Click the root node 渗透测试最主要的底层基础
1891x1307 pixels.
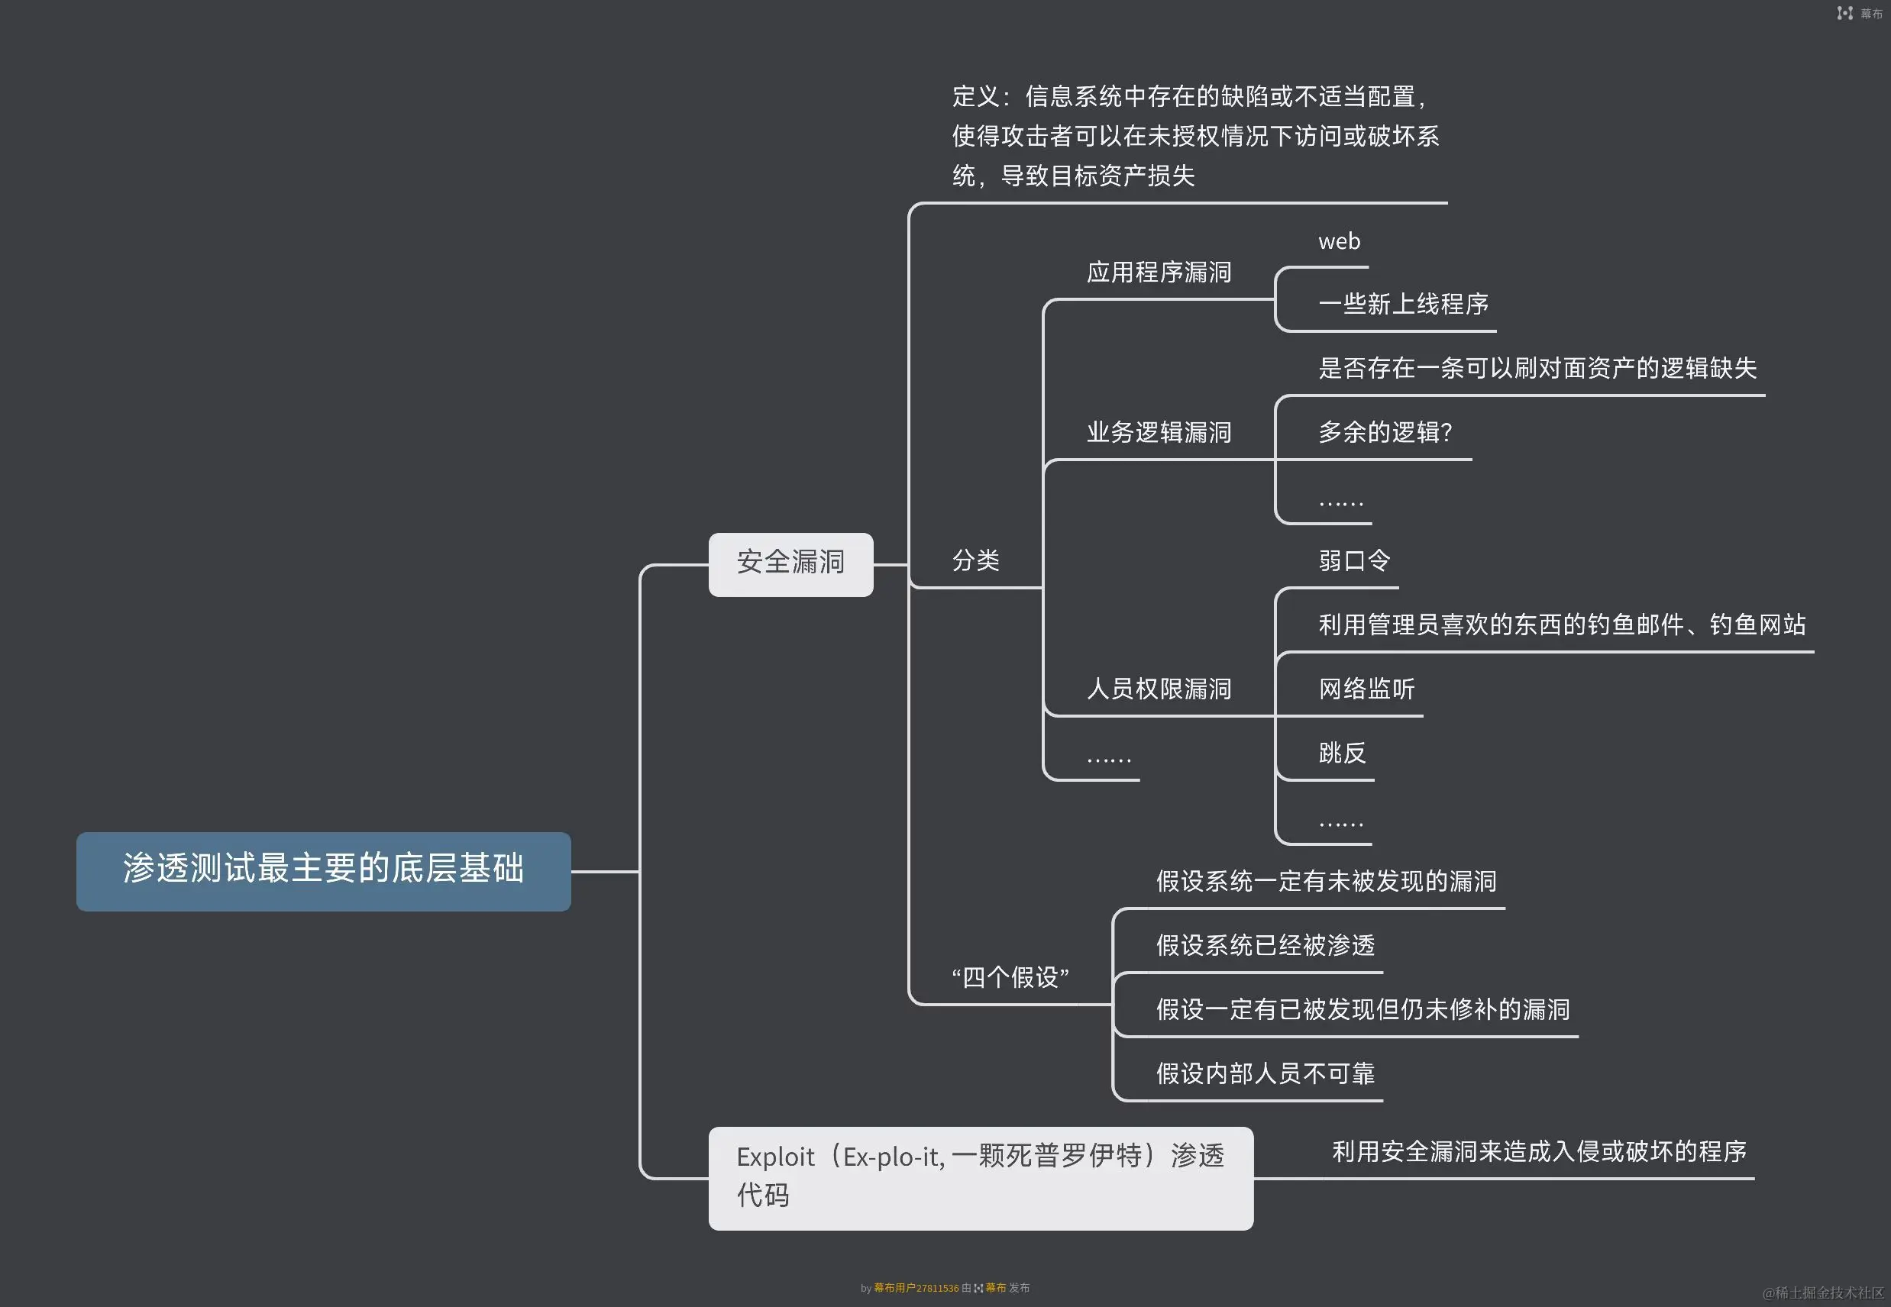[x=324, y=870]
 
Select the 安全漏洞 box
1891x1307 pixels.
[x=790, y=563]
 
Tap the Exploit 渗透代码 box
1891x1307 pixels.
[x=980, y=1176]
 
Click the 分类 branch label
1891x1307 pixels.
[x=975, y=561]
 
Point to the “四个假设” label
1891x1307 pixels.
[x=1010, y=977]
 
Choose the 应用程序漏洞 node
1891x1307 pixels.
[x=1159, y=273]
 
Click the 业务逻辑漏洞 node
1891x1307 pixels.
[x=1159, y=432]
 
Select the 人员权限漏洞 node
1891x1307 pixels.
[x=1159, y=689]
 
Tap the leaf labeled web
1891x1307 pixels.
[x=1339, y=241]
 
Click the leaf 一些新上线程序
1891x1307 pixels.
[x=1403, y=305]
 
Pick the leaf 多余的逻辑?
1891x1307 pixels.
[x=1385, y=432]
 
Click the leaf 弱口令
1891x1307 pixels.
[x=1354, y=561]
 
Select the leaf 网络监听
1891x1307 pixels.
[x=1366, y=689]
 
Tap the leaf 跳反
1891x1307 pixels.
[x=1342, y=754]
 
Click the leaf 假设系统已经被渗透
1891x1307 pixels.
[x=1265, y=946]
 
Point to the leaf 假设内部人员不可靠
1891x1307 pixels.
[x=1265, y=1073]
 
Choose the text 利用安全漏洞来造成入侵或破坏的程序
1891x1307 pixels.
[x=1539, y=1152]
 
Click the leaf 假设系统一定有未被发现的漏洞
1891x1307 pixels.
[x=1326, y=882]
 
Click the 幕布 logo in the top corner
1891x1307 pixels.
[x=1860, y=13]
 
